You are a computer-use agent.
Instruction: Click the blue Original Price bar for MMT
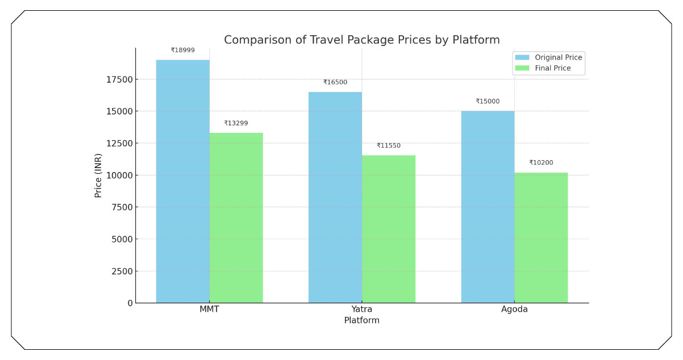pos(182,181)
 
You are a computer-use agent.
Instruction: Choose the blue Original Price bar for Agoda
pos(488,207)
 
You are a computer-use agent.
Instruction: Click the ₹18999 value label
pos(182,51)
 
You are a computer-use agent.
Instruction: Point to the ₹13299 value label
pos(236,123)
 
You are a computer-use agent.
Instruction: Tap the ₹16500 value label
pos(335,82)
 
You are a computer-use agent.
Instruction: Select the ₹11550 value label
pos(389,146)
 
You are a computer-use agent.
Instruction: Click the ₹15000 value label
pos(488,102)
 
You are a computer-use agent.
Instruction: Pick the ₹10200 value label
pos(541,163)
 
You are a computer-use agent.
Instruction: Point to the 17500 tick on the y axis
pos(119,79)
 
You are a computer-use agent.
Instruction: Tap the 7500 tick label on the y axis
pos(121,207)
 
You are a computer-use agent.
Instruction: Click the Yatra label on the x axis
pos(362,309)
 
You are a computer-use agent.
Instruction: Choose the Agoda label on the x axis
pos(514,309)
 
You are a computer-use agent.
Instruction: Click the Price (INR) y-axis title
pos(98,175)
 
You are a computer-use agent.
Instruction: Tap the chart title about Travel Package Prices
pos(361,40)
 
